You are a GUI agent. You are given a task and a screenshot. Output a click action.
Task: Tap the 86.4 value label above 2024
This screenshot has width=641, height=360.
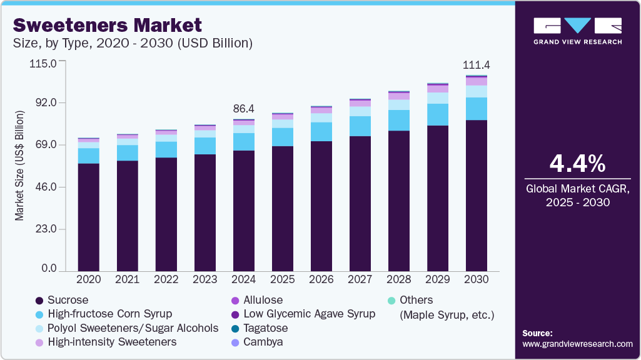tap(244, 109)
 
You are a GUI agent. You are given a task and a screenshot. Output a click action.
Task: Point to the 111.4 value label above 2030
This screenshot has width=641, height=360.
tap(476, 65)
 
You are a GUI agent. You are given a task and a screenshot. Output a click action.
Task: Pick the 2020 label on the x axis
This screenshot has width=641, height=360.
tap(88, 279)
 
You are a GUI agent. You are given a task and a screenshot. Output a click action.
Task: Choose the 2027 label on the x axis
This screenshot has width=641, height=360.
tap(360, 279)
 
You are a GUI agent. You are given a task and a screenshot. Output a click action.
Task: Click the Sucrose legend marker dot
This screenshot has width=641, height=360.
tap(39, 301)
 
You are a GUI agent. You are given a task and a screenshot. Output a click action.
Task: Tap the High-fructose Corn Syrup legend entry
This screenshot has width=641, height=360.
tap(109, 314)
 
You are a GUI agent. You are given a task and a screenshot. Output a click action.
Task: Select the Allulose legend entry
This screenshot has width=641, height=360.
tap(263, 300)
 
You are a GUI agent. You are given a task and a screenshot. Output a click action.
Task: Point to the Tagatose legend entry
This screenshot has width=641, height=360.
tap(265, 328)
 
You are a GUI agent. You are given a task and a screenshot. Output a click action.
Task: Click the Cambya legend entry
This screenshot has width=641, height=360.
tap(263, 342)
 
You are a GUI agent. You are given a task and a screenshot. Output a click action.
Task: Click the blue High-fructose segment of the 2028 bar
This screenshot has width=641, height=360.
tap(398, 120)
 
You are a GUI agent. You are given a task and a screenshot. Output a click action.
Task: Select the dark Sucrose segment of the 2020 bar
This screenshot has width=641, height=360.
tap(88, 216)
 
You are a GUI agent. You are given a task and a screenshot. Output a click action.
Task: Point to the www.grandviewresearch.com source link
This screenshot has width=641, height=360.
tap(577, 344)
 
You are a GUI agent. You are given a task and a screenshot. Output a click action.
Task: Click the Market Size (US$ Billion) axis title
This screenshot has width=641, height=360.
tap(20, 165)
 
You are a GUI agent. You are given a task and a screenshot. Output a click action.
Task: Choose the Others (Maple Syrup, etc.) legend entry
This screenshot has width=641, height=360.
tap(446, 307)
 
